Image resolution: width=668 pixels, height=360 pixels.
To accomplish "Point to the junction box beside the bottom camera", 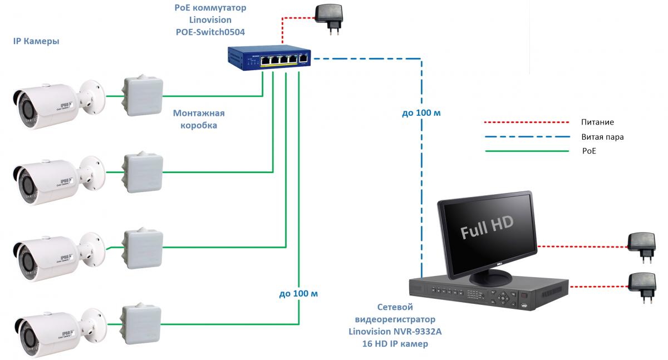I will click(x=141, y=322).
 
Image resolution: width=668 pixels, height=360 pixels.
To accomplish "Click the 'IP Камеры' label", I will click(x=36, y=42).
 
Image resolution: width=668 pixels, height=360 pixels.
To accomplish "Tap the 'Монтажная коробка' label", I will click(x=199, y=119).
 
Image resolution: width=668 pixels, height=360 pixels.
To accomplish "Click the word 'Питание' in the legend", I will click(x=597, y=122).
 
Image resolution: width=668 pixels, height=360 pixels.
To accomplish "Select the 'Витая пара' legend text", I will click(x=602, y=136).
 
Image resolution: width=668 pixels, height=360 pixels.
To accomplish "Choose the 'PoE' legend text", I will click(x=588, y=151).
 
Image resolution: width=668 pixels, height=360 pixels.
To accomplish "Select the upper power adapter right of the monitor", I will click(x=640, y=245).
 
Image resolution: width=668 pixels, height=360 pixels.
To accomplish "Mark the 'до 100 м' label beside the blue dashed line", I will click(x=421, y=113).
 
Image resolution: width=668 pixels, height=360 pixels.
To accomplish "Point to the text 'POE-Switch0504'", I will click(x=210, y=32).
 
